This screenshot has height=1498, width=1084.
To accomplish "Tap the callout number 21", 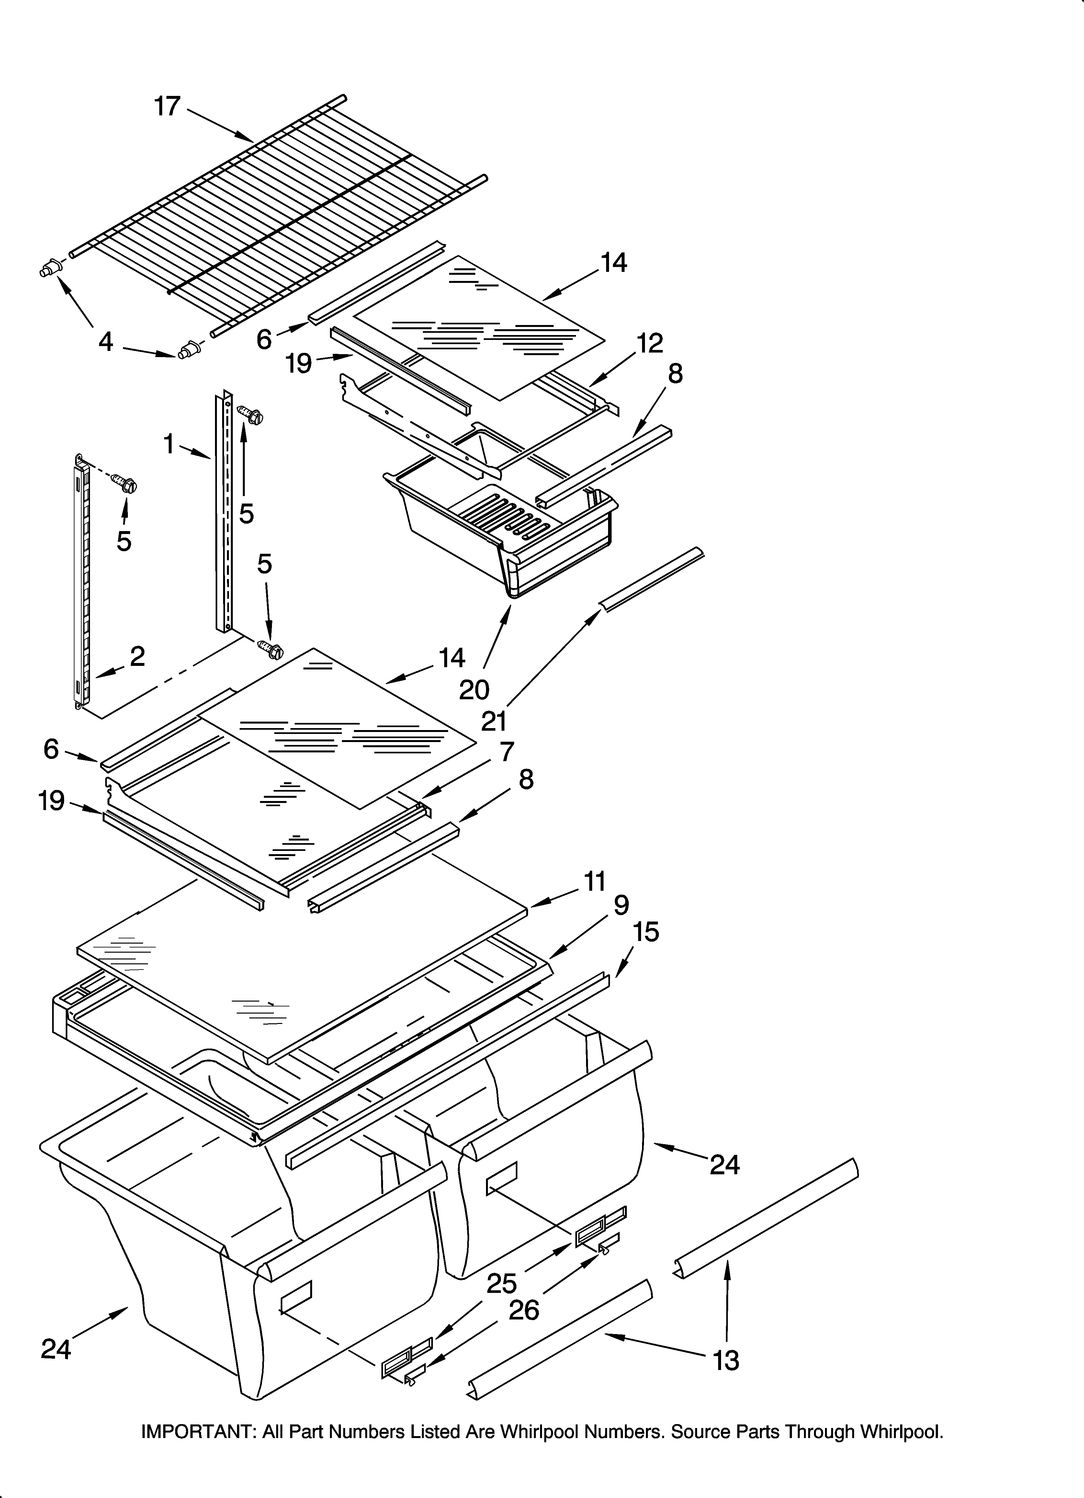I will [493, 721].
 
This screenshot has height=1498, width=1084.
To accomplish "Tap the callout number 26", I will [524, 1310].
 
